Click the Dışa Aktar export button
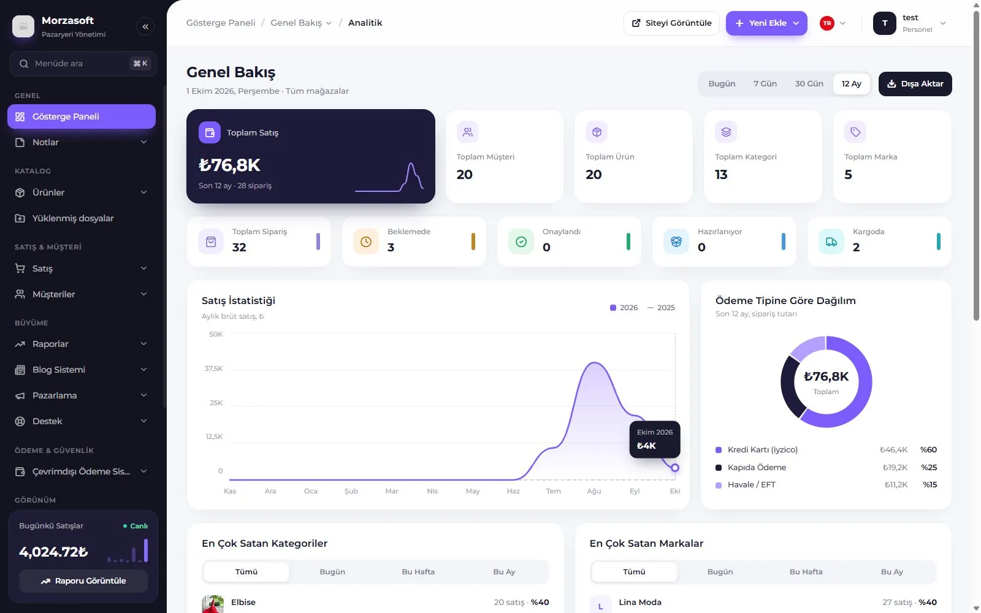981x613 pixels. tap(915, 83)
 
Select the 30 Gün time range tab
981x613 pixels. tap(809, 83)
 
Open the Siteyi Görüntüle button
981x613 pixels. tap(671, 23)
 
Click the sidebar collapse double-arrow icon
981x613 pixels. tap(145, 27)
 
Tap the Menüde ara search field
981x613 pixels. tap(83, 64)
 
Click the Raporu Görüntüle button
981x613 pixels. tap(83, 581)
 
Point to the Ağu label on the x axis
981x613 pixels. tap(594, 491)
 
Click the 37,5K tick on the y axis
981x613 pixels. tap(213, 368)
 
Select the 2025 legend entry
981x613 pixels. tap(661, 308)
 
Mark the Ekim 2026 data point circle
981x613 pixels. tap(675, 468)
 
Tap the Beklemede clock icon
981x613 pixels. tap(365, 242)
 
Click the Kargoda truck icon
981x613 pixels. tap(831, 242)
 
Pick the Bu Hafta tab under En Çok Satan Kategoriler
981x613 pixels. tap(418, 572)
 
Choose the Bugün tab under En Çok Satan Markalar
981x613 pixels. tap(720, 572)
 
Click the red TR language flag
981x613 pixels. tap(827, 23)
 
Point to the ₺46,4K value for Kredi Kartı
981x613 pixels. tap(893, 450)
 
